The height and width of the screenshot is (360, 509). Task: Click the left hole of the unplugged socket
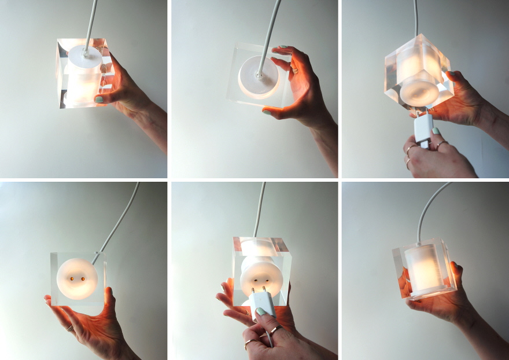[72, 279]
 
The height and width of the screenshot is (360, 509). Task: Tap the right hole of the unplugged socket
[83, 279]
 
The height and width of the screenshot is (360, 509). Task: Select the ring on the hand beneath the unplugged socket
[70, 328]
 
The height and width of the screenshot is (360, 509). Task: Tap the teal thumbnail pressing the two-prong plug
[261, 312]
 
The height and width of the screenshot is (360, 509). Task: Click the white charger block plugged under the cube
[422, 128]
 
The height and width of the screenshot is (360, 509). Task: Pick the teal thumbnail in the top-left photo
[98, 99]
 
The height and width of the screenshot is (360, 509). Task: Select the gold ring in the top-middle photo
[294, 71]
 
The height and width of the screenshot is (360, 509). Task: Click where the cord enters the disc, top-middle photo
[259, 74]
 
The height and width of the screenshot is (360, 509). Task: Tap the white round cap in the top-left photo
[85, 57]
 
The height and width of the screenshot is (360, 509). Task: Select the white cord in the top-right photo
[415, 17]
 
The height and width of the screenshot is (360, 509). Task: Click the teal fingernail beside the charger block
[435, 131]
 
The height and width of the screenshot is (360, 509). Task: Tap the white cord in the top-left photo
[91, 23]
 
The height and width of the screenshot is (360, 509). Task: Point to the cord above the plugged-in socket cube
[260, 208]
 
